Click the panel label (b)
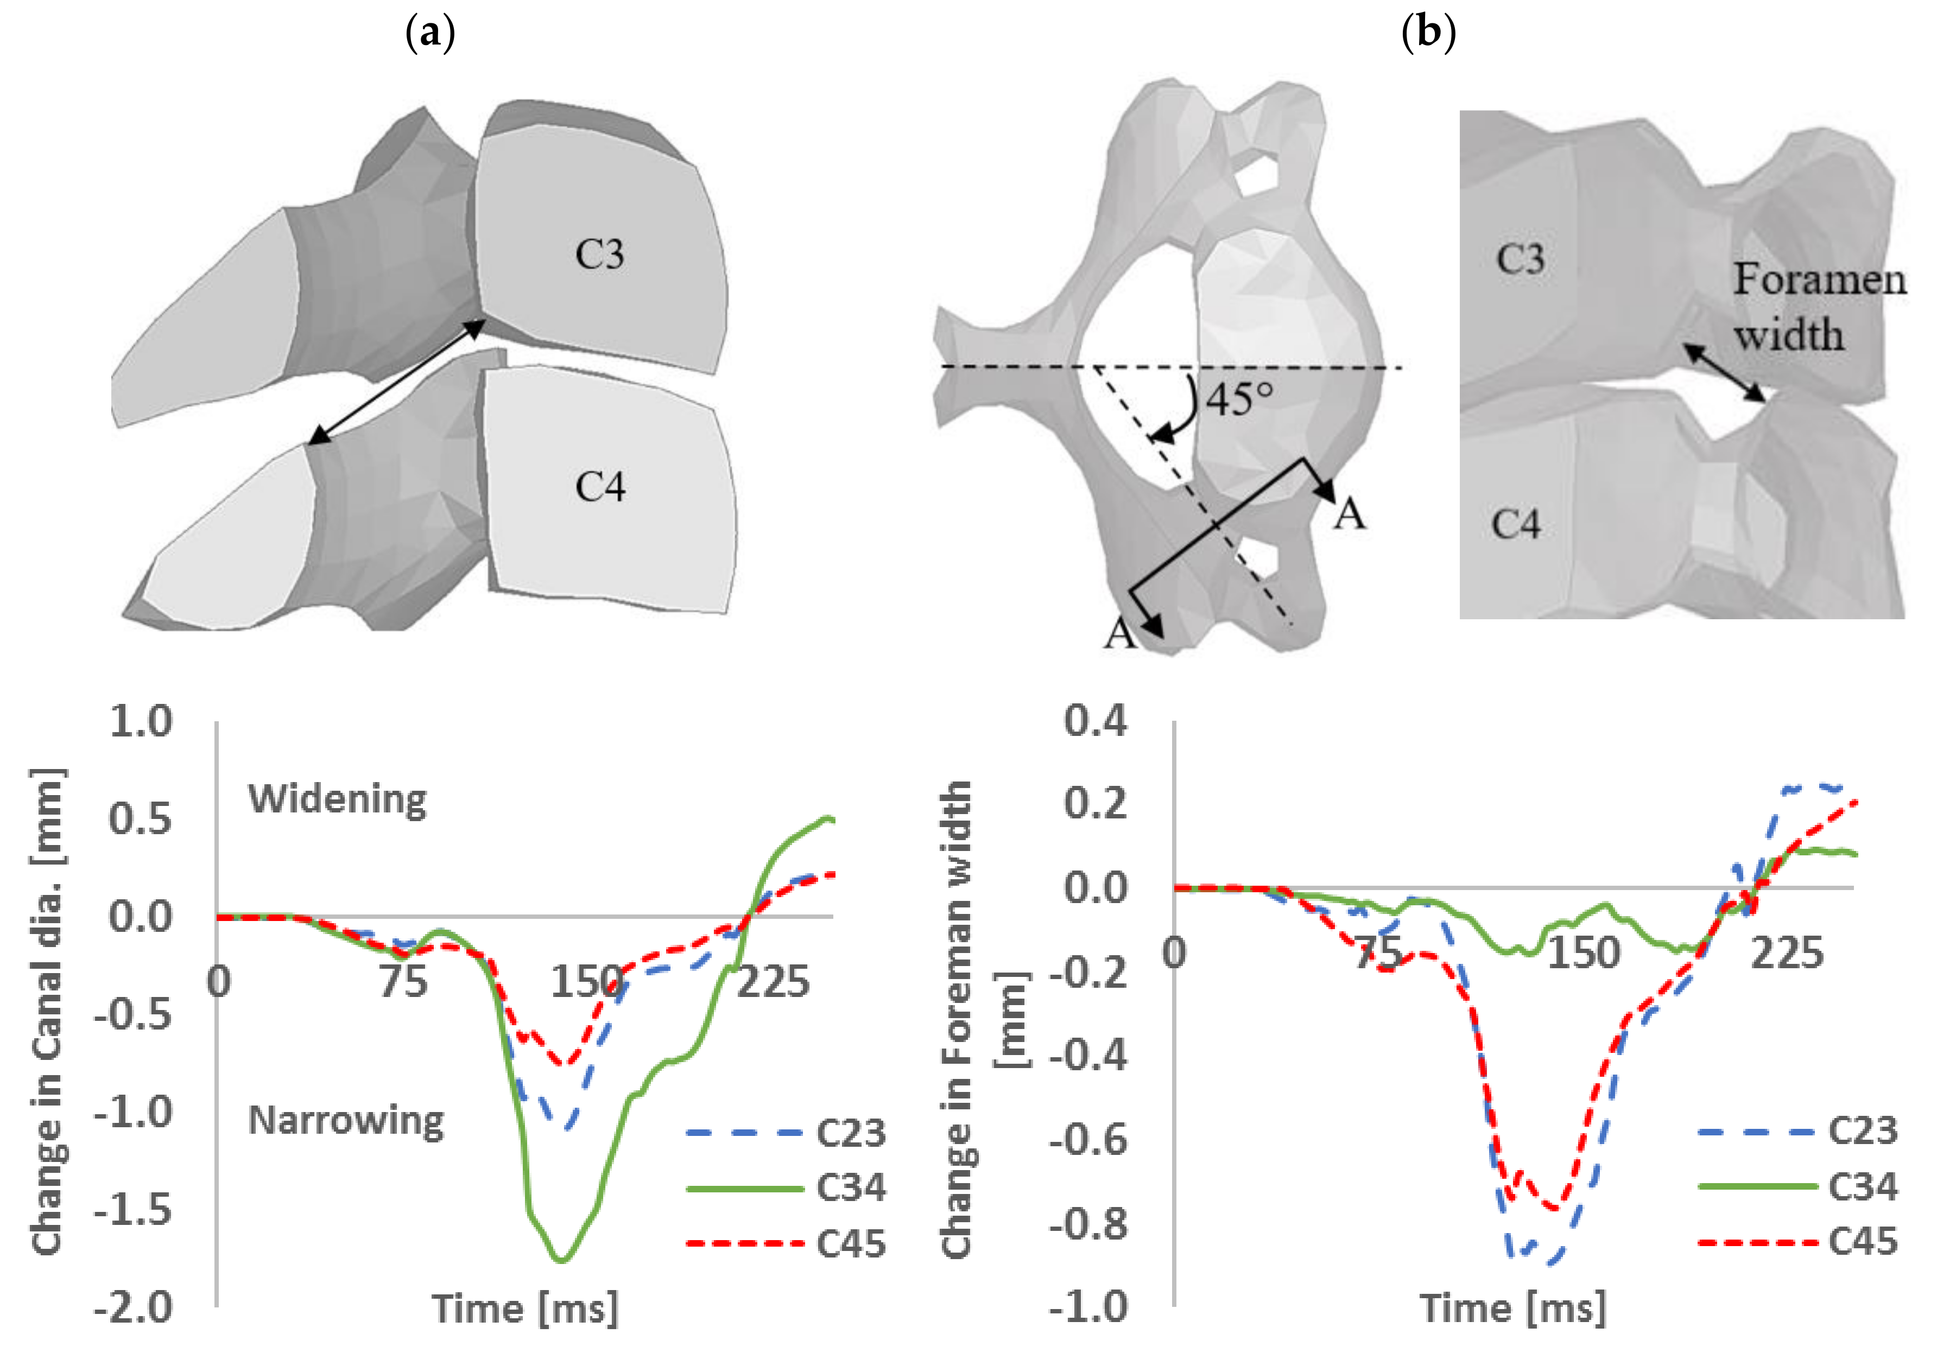coord(1428,33)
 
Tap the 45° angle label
coord(1239,398)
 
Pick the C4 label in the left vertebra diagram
coord(600,487)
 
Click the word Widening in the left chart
coord(337,798)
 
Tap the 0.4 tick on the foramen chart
coord(1096,721)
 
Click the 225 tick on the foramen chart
coord(1787,954)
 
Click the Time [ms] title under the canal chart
coord(525,1309)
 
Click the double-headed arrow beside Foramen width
coord(1723,372)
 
